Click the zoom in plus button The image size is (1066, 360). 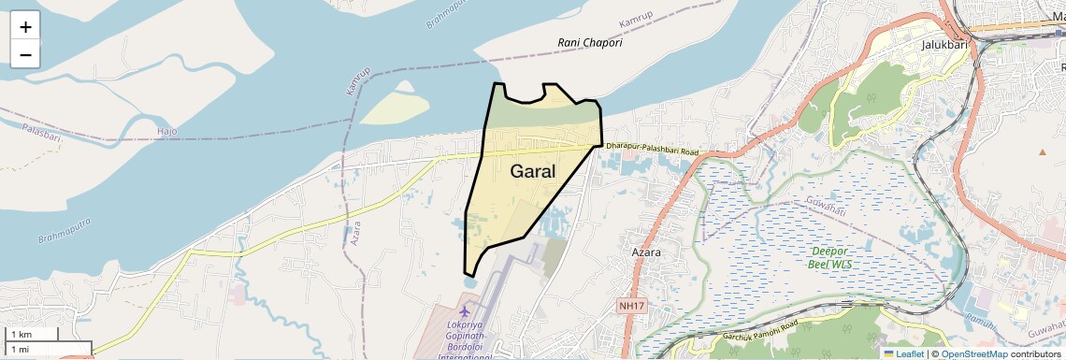point(25,26)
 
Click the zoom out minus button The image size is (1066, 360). point(25,54)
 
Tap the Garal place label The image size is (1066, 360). point(533,172)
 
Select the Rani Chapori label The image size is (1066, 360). point(589,43)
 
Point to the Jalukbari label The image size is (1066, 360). point(943,44)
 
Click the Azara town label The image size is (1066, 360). point(646,252)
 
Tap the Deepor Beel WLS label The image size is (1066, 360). point(830,257)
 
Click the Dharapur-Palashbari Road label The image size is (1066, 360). point(652,149)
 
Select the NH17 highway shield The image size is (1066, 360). point(632,306)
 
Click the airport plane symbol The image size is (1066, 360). point(465,310)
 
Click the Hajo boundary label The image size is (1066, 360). point(167,133)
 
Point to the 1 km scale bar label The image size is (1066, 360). point(21,335)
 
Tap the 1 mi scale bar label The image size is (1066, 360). point(20,349)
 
